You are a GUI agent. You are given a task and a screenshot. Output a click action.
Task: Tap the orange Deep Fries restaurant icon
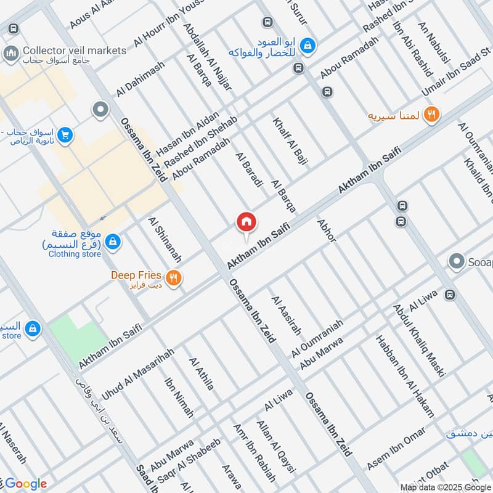(x=173, y=279)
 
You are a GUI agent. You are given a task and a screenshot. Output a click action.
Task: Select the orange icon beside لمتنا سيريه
(x=431, y=114)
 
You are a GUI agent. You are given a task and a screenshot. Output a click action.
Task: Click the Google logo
(x=26, y=484)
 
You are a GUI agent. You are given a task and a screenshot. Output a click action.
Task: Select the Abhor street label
(x=326, y=230)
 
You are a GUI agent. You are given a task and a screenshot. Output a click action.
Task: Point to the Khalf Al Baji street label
(x=290, y=141)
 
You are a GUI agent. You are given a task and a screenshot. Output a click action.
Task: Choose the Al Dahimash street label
(x=140, y=79)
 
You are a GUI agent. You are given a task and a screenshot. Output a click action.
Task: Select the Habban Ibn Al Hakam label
(x=405, y=377)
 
